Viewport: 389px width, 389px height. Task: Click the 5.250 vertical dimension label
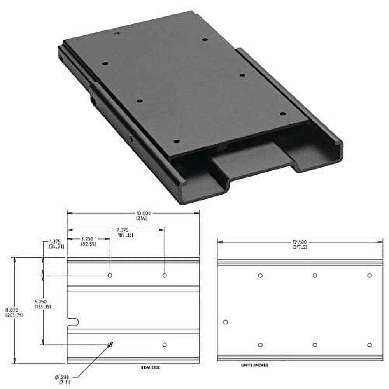point(43,304)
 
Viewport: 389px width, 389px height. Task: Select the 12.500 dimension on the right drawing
point(300,244)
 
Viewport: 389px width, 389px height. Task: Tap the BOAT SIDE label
point(151,367)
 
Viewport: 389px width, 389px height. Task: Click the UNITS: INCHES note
point(255,366)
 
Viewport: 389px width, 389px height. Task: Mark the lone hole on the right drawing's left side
point(226,322)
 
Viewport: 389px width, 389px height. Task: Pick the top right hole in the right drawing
point(370,275)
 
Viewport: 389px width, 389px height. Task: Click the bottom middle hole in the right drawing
point(315,345)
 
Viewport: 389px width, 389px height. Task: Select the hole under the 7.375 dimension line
point(165,275)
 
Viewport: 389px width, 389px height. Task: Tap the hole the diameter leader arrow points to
point(110,344)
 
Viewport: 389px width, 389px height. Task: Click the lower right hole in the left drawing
point(165,345)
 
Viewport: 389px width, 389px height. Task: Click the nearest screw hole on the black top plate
point(176,141)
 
